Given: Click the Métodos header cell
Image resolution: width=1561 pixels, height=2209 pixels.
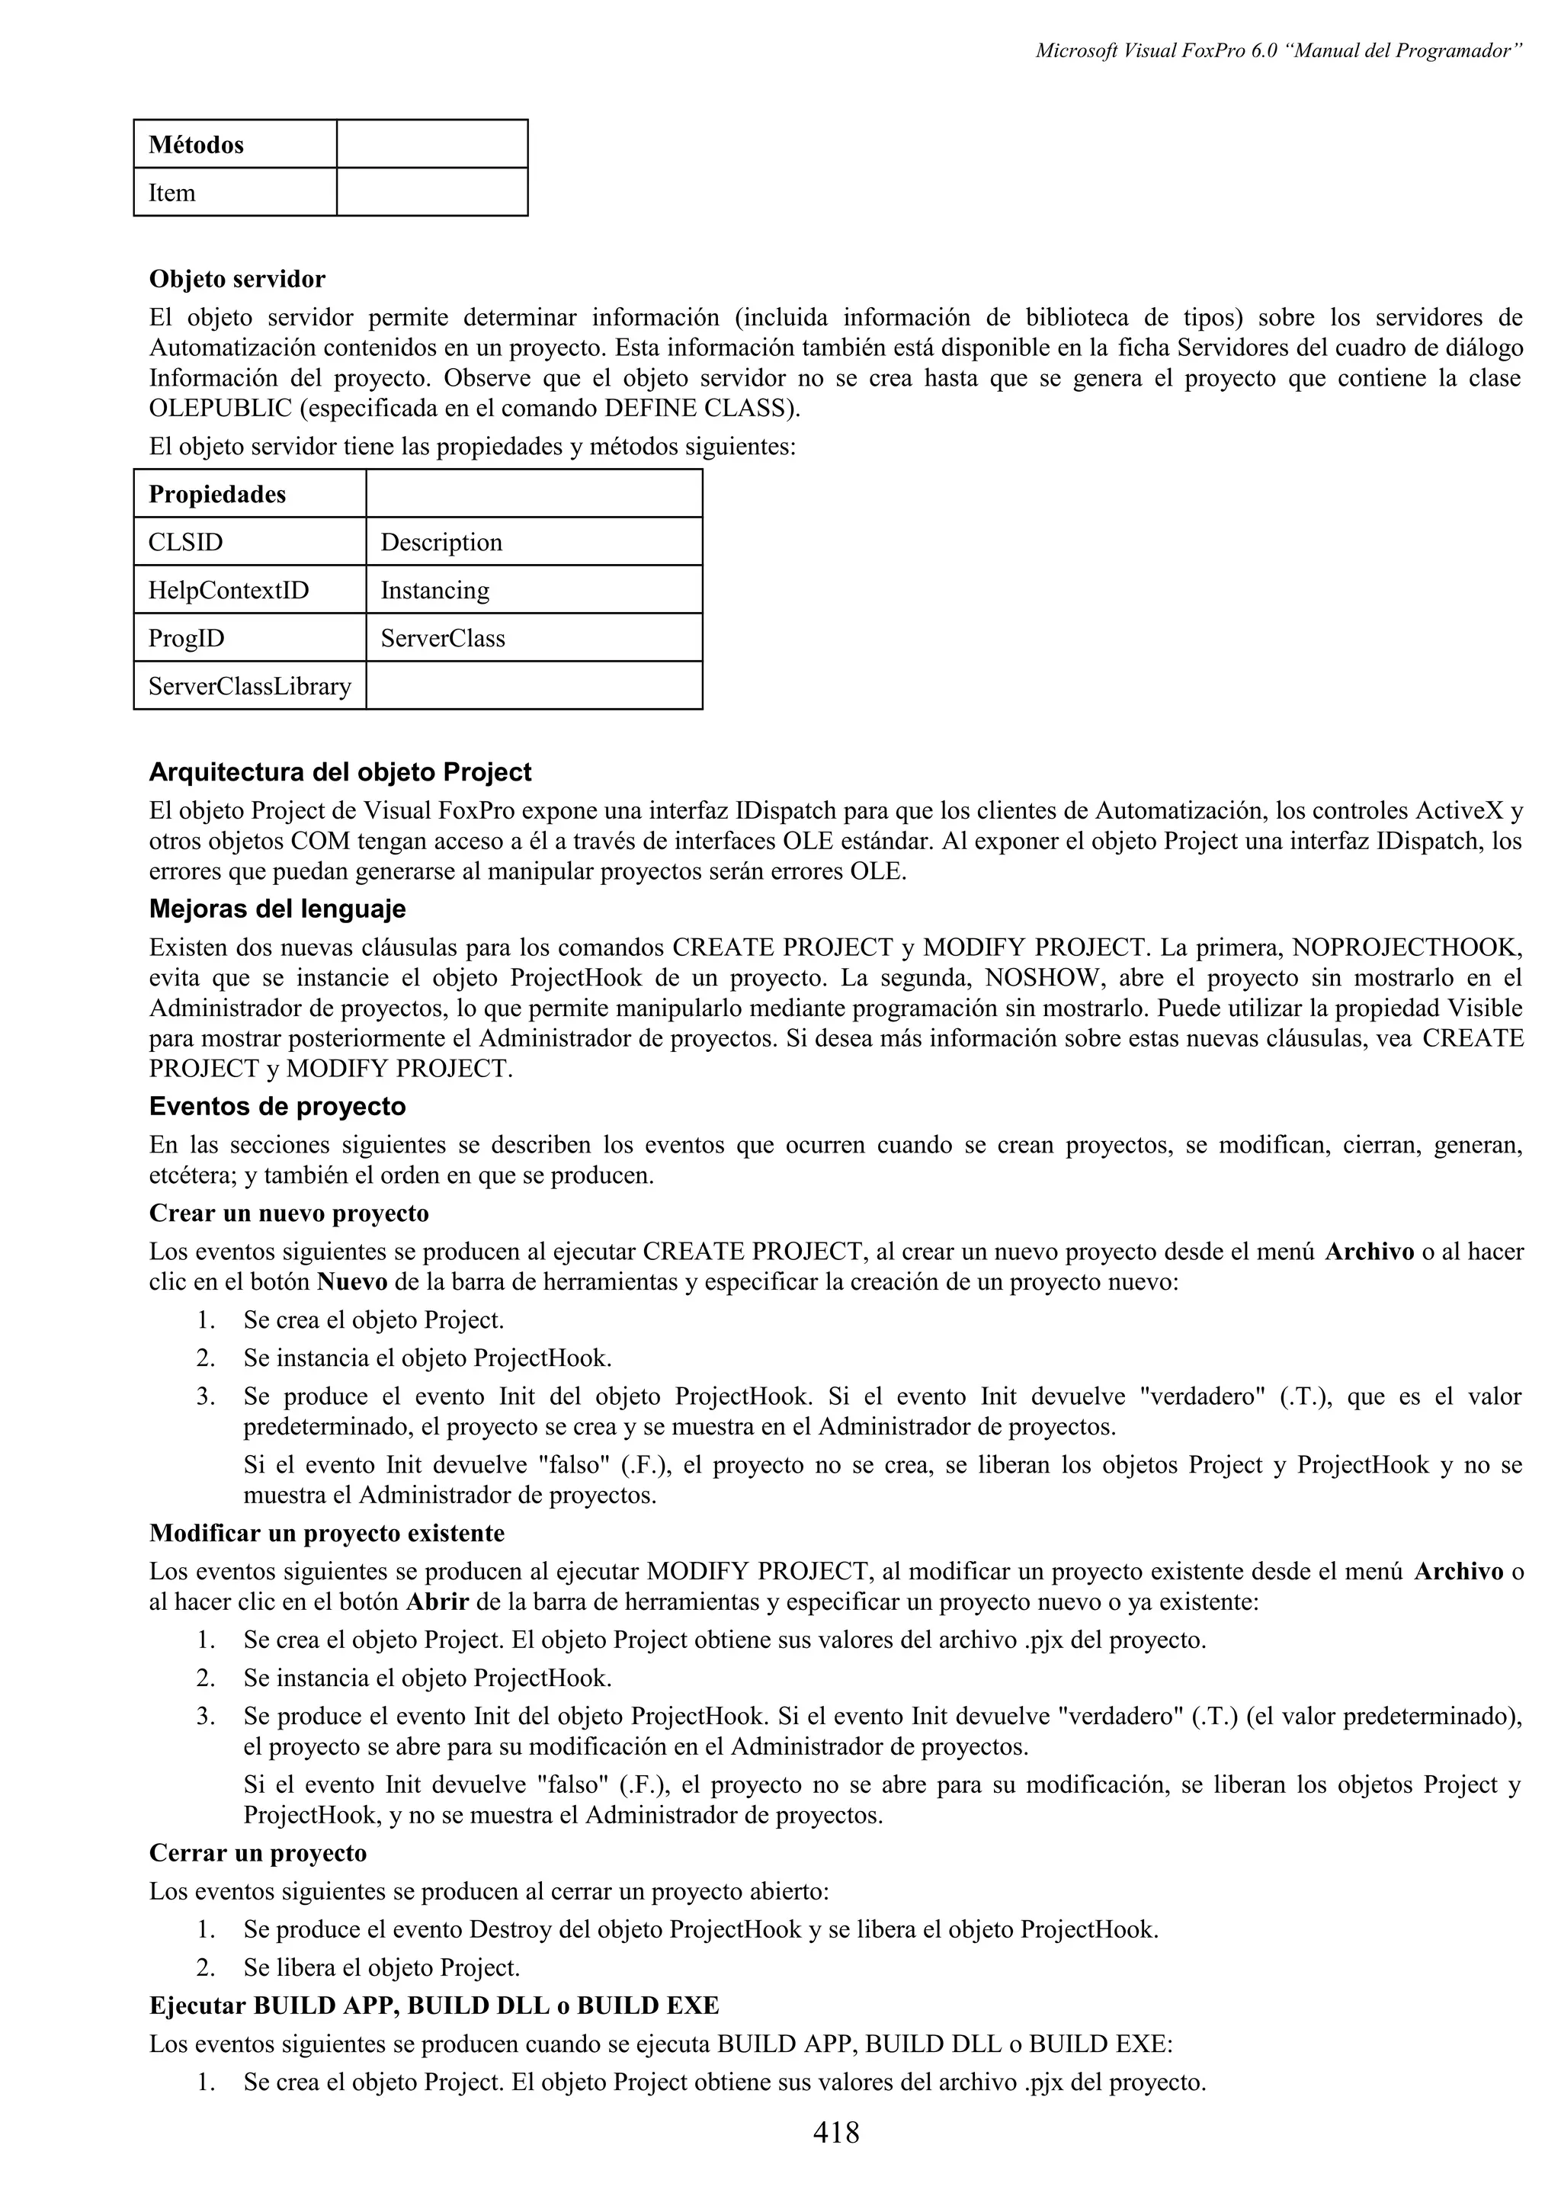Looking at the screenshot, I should click(x=235, y=144).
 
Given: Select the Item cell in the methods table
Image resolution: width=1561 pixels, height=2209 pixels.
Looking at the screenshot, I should click(x=235, y=192).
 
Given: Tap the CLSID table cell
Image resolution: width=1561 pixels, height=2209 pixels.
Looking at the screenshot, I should click(x=250, y=542).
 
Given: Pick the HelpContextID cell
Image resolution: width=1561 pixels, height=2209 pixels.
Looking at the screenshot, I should click(x=250, y=590).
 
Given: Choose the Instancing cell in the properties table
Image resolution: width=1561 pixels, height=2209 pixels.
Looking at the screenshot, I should click(x=534, y=590).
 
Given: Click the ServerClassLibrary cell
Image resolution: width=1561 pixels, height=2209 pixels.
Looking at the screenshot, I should click(x=250, y=686).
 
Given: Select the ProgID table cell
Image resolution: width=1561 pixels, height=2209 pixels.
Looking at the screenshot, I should click(x=250, y=638).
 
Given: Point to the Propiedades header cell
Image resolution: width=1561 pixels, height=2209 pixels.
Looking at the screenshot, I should click(x=250, y=495).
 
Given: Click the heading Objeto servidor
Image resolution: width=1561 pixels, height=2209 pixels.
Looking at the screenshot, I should click(x=236, y=279).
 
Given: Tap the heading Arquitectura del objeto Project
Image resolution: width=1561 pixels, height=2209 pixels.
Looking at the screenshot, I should click(x=339, y=773).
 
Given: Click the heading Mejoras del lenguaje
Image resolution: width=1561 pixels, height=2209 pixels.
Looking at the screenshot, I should click(x=277, y=909).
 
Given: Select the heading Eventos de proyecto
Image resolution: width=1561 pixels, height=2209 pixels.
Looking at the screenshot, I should click(x=277, y=1107).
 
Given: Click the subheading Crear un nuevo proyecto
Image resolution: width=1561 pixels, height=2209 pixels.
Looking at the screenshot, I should click(x=289, y=1214).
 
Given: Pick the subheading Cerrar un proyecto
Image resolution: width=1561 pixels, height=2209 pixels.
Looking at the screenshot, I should click(x=258, y=1853).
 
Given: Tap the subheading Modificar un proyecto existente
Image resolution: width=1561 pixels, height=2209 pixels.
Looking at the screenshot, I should click(x=326, y=1533).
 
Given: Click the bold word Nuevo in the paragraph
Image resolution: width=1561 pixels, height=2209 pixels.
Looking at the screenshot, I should click(x=352, y=1283).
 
